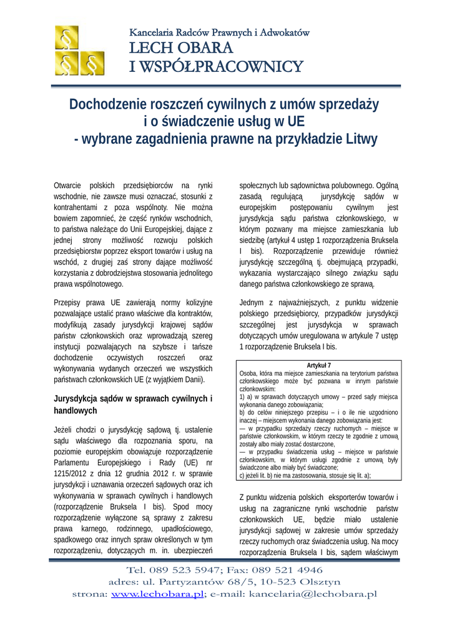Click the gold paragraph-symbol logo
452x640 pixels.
coord(79,51)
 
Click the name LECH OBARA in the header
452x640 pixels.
coord(181,48)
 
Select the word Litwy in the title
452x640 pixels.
coord(361,138)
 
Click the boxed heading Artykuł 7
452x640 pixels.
coord(318,366)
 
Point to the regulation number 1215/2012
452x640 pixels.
coord(72,474)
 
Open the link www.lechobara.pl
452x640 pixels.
coord(157,594)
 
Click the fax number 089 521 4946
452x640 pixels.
coord(288,569)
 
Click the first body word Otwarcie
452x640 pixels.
coord(67,186)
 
